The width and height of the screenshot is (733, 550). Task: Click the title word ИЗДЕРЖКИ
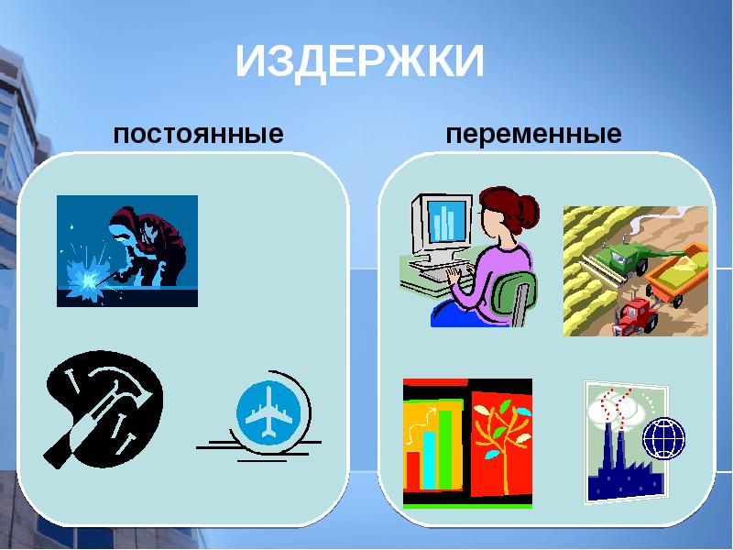tap(359, 62)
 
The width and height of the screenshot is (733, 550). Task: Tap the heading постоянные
tap(198, 135)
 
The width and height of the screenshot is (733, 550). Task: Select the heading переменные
tap(533, 135)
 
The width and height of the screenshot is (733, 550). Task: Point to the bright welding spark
tap(88, 276)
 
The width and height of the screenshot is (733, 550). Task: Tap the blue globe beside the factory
tap(664, 438)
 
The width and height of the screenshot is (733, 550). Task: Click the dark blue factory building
tap(618, 477)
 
